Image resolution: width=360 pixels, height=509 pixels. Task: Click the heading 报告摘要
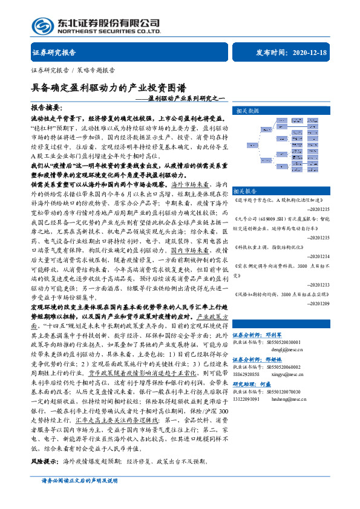click(45, 107)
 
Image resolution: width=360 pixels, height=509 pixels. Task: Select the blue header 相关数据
click(247, 111)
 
